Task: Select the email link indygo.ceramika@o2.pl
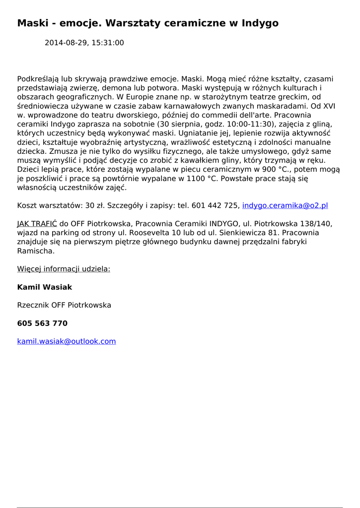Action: [285, 205]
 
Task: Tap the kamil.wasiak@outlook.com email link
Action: [67, 341]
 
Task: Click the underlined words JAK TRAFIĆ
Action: [37, 224]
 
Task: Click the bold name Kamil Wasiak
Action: [45, 287]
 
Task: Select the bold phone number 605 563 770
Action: [42, 323]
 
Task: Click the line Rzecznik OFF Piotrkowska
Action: [64, 305]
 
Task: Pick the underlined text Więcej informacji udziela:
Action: [64, 269]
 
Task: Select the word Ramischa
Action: [36, 251]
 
